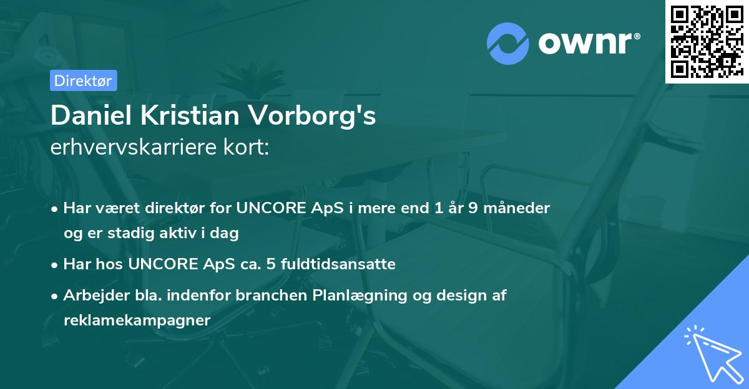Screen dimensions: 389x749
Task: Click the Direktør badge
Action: click(x=82, y=80)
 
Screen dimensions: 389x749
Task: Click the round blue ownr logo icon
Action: click(x=508, y=44)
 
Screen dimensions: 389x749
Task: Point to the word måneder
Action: click(x=517, y=208)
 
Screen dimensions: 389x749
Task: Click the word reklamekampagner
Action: click(x=137, y=320)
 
